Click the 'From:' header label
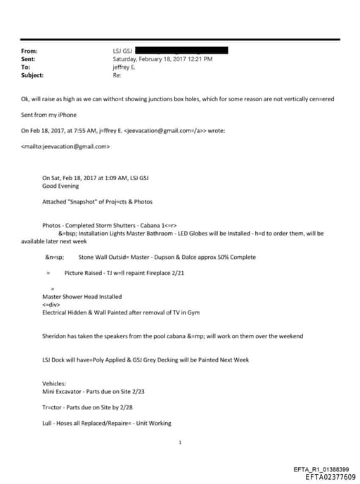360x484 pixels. [x=30, y=51]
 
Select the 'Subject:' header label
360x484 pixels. [x=33, y=75]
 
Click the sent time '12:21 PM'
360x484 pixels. [x=199, y=59]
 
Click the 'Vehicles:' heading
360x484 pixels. [x=54, y=384]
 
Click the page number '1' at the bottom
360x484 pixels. [x=181, y=443]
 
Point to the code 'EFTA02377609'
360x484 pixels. [x=330, y=477]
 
